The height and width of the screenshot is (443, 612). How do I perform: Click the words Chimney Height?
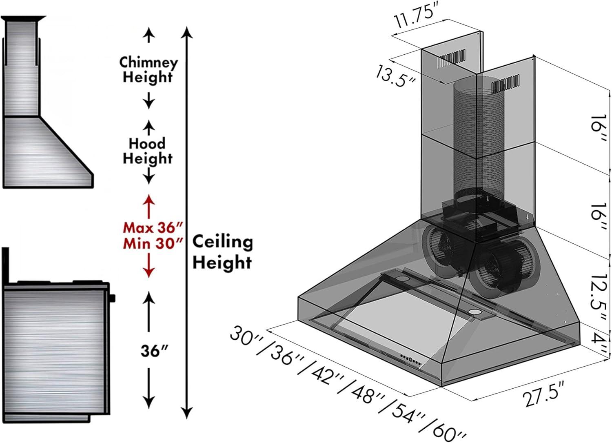(148, 69)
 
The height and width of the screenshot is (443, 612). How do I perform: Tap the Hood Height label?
(148, 151)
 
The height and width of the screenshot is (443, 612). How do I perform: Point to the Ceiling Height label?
(222, 252)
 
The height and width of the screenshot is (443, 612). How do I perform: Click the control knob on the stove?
(112, 298)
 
